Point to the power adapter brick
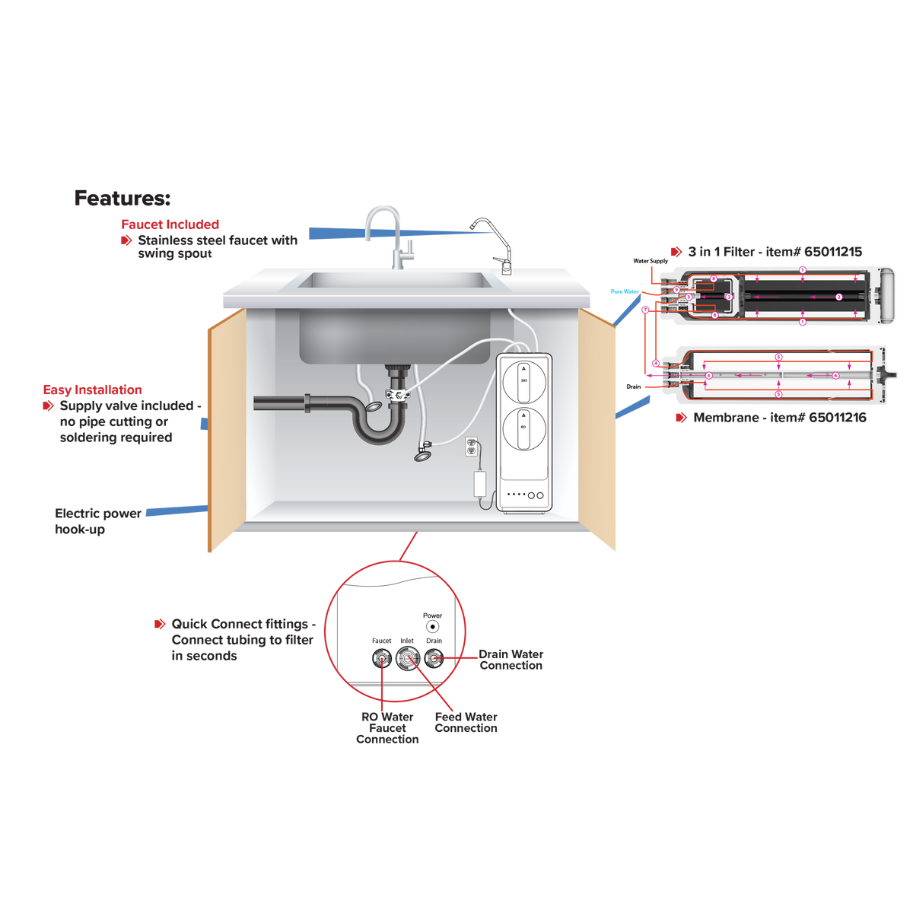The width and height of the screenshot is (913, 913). pos(481,483)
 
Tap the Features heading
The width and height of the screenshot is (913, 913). pos(122,199)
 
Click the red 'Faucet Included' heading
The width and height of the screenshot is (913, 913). pos(170,224)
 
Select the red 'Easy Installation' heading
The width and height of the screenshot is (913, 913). pos(92,389)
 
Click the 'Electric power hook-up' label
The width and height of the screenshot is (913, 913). pos(97,520)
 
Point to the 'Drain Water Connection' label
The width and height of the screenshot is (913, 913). pos(511,659)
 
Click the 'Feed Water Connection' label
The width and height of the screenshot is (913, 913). pos(466,722)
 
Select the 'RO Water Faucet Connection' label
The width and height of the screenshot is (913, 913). pos(387,728)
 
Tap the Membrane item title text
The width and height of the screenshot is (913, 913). pos(779,418)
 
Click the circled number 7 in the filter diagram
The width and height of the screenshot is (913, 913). pos(645,310)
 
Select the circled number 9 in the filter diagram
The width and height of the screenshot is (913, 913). pos(676,291)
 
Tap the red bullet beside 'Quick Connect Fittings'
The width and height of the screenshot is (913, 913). pos(160,624)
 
